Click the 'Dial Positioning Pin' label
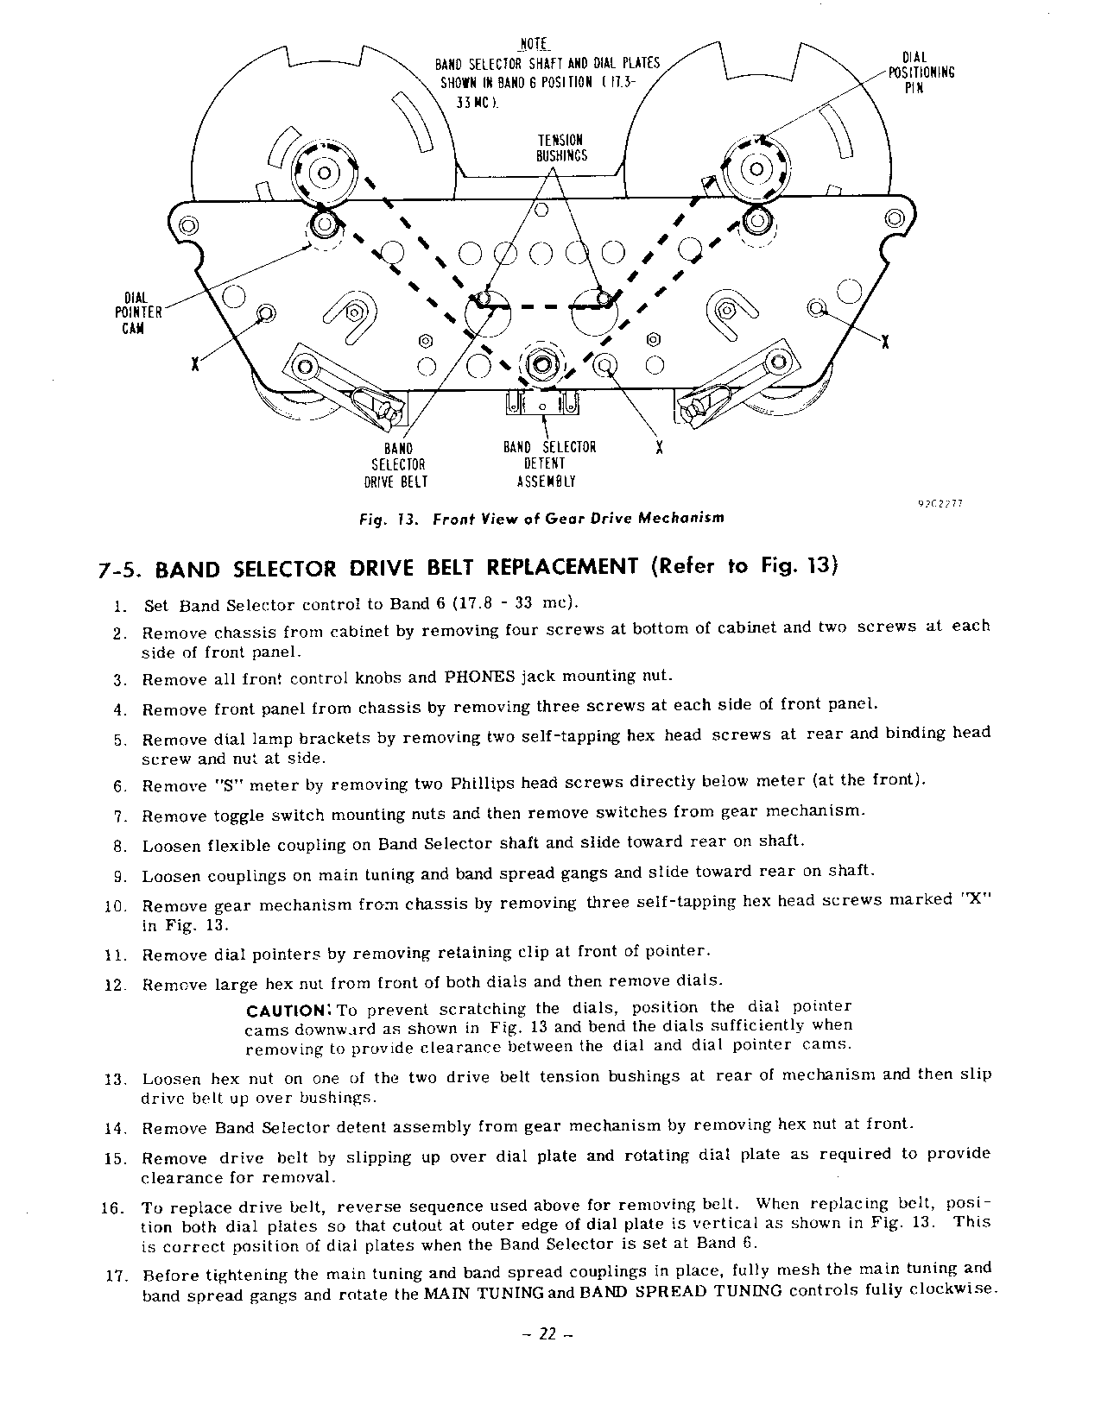[921, 72]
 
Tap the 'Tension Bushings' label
[561, 148]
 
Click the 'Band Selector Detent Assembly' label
[549, 464]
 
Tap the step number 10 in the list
[117, 907]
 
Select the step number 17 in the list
[117, 1276]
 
